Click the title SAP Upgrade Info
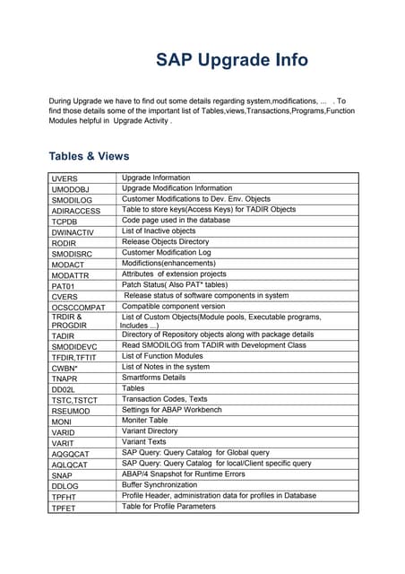tap(232, 60)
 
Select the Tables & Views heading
tap(89, 156)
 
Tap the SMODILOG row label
tap(73, 200)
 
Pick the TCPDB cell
tap(65, 221)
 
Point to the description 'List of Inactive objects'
tap(159, 230)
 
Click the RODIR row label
tap(65, 242)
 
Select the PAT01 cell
tap(65, 285)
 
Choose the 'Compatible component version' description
tap(174, 306)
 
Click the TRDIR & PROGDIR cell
tap(68, 321)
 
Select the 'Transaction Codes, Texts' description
tap(165, 399)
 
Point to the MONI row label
tap(62, 421)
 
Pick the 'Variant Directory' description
tap(150, 431)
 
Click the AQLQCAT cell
tap(70, 465)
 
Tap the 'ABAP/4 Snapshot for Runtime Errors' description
tap(184, 474)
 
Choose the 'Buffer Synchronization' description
tap(162, 485)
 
